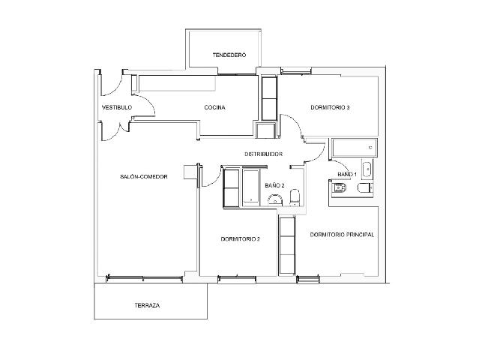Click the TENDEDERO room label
coord(229,55)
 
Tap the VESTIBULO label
coord(117,107)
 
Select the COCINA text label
coord(214,107)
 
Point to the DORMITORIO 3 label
coord(330,107)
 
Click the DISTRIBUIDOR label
coord(263,154)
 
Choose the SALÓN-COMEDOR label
coord(144,177)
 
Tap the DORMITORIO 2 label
coord(240,239)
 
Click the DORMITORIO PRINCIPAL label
coord(342,235)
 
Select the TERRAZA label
coord(147,305)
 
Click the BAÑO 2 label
coord(274,185)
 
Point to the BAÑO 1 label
coord(347,174)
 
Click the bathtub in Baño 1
coord(355,148)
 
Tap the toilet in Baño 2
coord(295,197)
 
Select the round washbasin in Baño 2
coord(275,199)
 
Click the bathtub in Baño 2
coord(251,187)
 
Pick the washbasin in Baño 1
coord(367,169)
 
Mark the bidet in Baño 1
coord(339,188)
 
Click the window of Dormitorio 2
coord(237,277)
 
